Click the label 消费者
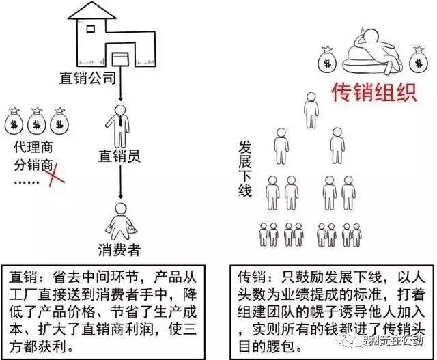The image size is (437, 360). pos(119,250)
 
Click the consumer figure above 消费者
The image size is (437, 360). pos(121,219)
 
